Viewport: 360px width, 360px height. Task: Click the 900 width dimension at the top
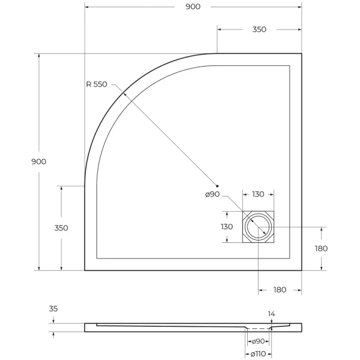[193, 7]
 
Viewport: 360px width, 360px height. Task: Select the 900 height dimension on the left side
[38, 161]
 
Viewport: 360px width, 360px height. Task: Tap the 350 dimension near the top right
[259, 29]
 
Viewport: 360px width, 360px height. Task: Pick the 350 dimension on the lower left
[61, 228]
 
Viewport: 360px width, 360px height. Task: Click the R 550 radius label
[96, 84]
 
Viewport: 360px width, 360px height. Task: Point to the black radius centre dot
[218, 186]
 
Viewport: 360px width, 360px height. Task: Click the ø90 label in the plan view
[212, 194]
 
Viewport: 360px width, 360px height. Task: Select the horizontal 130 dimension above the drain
[258, 194]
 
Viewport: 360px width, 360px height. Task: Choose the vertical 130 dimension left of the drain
[226, 227]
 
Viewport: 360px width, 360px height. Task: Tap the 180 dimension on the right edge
[321, 248]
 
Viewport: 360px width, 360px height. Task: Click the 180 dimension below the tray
[280, 290]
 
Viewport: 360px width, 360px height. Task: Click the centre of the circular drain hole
[259, 227]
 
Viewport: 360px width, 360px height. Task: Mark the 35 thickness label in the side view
[53, 309]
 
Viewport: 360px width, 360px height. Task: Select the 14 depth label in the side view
[271, 314]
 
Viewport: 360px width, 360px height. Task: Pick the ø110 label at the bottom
[258, 353]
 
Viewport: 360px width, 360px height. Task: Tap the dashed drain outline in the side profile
[258, 329]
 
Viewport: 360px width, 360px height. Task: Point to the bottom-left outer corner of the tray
[85, 271]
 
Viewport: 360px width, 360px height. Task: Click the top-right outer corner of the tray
[301, 53]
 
